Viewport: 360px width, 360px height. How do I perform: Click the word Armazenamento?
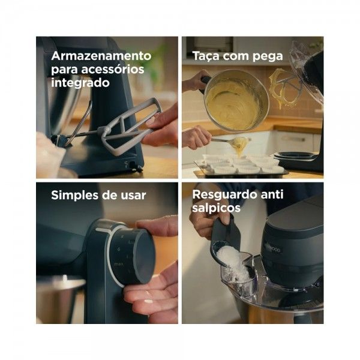pos(101,56)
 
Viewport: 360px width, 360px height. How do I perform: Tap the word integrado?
pos(80,83)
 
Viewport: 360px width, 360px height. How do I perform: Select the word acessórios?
pos(113,69)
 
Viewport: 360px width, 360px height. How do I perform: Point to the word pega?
pos(268,57)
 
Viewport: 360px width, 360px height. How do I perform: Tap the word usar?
pos(133,196)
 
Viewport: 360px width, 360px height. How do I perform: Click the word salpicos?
pos(213,208)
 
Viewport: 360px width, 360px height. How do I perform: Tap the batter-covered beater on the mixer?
pos(284,88)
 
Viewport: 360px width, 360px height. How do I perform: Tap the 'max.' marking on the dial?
pos(119,264)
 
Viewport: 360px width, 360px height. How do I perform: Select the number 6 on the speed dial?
pos(119,249)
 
